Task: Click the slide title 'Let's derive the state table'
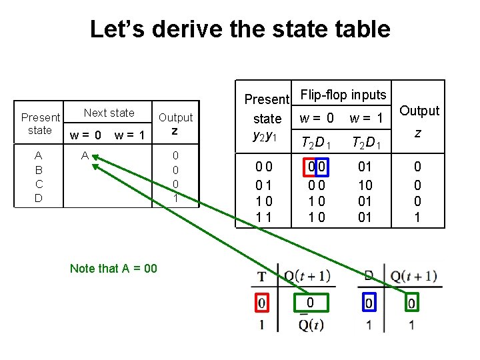pyautogui.click(x=239, y=29)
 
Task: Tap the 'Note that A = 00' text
pyautogui.click(x=113, y=268)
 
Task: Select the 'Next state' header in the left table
pyautogui.click(x=109, y=113)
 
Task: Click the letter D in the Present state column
pyautogui.click(x=39, y=198)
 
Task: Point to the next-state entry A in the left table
pyautogui.click(x=85, y=155)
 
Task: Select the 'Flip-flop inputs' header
pyautogui.click(x=343, y=95)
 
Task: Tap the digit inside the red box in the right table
pyautogui.click(x=310, y=166)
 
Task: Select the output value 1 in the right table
pyautogui.click(x=417, y=217)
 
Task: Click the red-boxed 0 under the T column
pyautogui.click(x=261, y=303)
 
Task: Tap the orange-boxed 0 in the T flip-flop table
pyautogui.click(x=309, y=303)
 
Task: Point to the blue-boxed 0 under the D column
pyautogui.click(x=369, y=303)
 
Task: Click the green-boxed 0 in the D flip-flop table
pyautogui.click(x=412, y=303)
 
